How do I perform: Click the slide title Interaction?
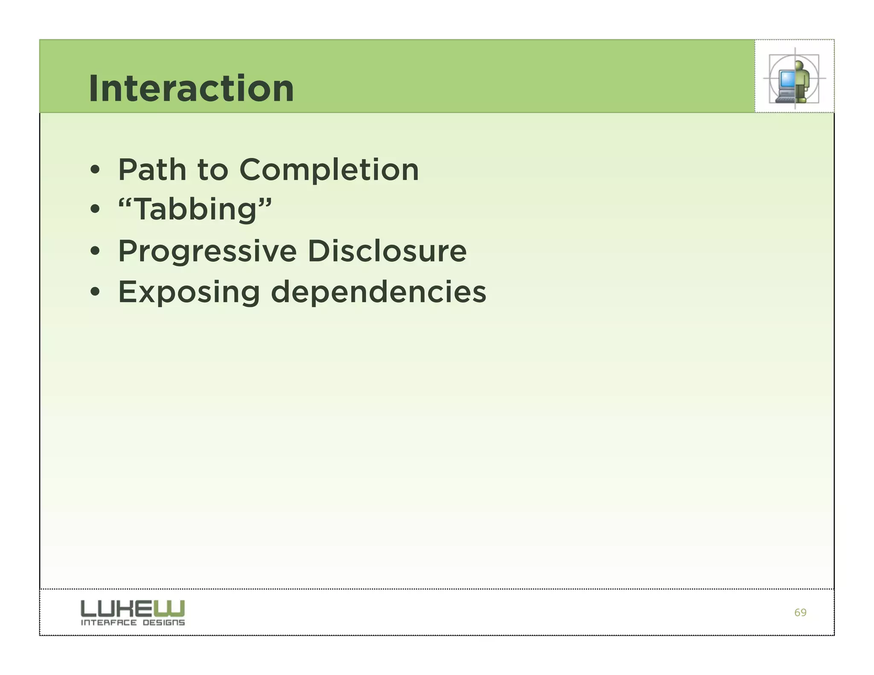pyautogui.click(x=191, y=88)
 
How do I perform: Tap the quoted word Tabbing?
pyautogui.click(x=195, y=209)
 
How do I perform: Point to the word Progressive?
pyautogui.click(x=207, y=251)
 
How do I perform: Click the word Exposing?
pyautogui.click(x=189, y=293)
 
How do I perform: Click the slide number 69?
pyautogui.click(x=800, y=613)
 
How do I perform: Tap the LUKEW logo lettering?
pyautogui.click(x=132, y=608)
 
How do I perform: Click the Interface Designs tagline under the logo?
pyautogui.click(x=133, y=623)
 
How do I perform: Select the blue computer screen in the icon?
pyautogui.click(x=787, y=79)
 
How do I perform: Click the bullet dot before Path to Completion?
pyautogui.click(x=95, y=171)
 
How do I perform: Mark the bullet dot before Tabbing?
pyautogui.click(x=95, y=210)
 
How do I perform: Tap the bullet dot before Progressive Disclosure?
pyautogui.click(x=95, y=251)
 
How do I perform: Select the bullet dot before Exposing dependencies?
pyautogui.click(x=95, y=292)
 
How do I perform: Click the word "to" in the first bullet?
pyautogui.click(x=213, y=170)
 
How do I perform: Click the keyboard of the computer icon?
pyautogui.click(x=784, y=99)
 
